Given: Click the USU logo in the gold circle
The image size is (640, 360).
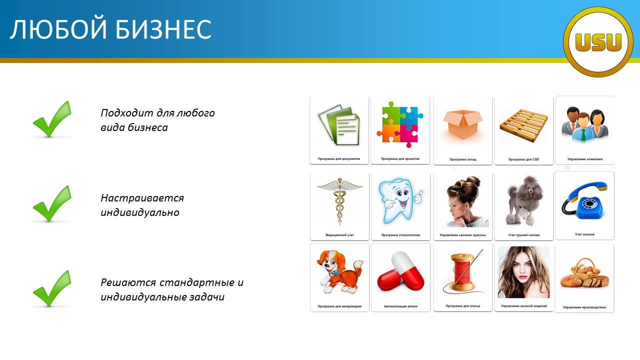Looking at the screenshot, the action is tap(598, 42).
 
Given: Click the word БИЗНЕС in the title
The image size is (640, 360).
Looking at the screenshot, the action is tap(163, 29).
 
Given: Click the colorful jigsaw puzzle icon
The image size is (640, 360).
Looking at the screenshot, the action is tap(400, 124).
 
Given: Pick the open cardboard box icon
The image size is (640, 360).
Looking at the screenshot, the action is tap(463, 125).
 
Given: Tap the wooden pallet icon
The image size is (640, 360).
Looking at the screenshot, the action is tap(523, 125).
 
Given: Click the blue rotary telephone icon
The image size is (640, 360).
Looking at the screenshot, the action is tap(584, 200).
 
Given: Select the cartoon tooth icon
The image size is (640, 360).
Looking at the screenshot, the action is tap(400, 200).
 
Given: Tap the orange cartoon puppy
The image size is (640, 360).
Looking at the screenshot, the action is tap(339, 271).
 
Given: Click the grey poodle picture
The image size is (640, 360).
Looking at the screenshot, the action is tap(523, 201).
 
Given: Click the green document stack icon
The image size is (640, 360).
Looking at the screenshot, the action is tap(339, 125).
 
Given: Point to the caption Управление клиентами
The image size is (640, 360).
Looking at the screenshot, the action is tap(585, 159).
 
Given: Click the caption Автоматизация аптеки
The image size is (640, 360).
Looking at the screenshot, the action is tap(400, 306).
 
